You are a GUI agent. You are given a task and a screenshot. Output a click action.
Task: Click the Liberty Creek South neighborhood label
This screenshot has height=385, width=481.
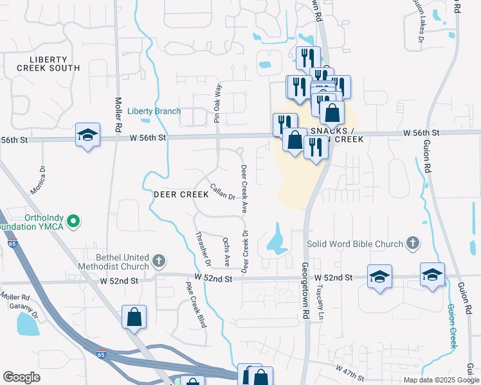click(x=48, y=63)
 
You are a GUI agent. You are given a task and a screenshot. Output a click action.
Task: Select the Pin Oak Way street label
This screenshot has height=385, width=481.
click(x=218, y=103)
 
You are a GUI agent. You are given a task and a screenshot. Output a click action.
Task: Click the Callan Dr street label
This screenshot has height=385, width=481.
click(x=222, y=192)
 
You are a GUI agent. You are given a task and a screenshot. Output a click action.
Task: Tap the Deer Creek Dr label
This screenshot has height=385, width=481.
click(x=244, y=250)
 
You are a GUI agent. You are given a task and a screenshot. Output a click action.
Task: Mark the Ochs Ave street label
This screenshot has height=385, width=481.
click(x=226, y=252)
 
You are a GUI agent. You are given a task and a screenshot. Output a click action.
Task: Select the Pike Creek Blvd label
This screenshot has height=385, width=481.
click(x=195, y=304)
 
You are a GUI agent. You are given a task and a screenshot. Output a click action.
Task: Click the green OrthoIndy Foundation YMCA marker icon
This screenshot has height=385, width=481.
click(x=73, y=222)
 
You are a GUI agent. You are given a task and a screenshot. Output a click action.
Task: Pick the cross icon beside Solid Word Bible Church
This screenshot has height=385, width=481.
click(x=413, y=244)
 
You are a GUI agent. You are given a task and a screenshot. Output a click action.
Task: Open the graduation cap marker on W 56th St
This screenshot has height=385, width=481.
click(x=87, y=135)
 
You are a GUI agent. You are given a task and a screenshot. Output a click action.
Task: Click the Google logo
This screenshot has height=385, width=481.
click(x=21, y=377)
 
